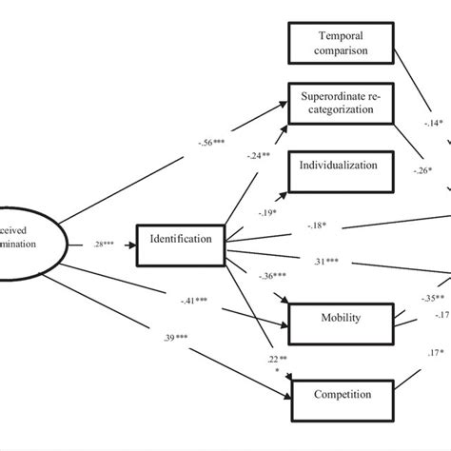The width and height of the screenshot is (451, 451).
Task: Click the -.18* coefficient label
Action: pyautogui.click(x=319, y=225)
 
